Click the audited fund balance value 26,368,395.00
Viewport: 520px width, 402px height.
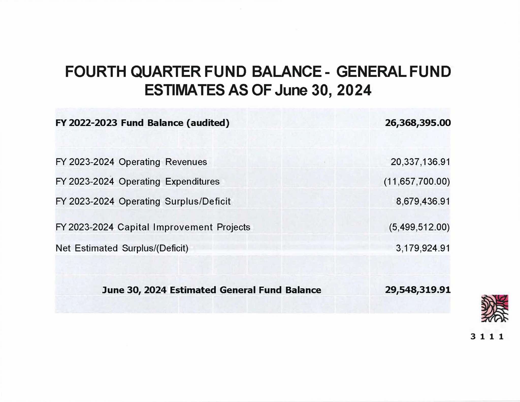[418, 123]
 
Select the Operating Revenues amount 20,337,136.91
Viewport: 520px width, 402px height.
[420, 162]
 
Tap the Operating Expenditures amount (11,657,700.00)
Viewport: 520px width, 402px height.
[417, 182]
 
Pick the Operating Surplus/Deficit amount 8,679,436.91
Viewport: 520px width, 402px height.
[423, 201]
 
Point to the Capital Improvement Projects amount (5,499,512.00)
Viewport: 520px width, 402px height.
[419, 227]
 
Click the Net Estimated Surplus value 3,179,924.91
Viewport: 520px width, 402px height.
[423, 248]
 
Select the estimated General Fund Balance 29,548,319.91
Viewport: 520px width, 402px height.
[418, 290]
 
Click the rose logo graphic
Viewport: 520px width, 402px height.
[495, 308]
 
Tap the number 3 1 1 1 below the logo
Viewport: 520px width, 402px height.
[487, 337]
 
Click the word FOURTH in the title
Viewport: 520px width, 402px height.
[95, 72]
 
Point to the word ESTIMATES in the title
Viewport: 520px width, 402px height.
[185, 90]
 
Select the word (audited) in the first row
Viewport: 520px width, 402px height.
[208, 123]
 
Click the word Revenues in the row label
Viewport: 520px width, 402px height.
[186, 162]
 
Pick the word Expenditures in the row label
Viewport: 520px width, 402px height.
[192, 182]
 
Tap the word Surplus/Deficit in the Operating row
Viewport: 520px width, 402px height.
[198, 201]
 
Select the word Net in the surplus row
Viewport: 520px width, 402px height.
[63, 248]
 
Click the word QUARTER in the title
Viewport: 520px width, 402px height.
[166, 72]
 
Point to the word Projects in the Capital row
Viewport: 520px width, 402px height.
[233, 227]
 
